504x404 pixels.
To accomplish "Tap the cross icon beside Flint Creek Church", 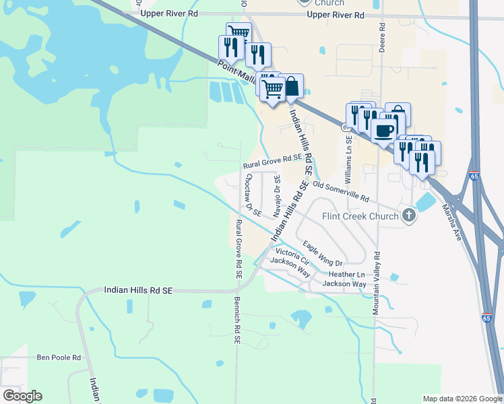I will coord(408,215).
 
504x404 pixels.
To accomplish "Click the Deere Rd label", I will coord(382,34).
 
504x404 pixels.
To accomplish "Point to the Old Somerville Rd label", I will coord(341,191).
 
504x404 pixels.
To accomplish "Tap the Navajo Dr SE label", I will coord(277,196).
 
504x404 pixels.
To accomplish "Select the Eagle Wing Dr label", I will coord(323,253).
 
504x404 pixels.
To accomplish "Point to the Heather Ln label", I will coord(346,275).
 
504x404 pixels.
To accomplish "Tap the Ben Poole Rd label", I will coord(59,357).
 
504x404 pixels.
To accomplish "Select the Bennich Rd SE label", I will coord(237,321).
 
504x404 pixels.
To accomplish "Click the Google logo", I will coord(22,396).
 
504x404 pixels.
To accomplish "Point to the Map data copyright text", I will coord(462,399).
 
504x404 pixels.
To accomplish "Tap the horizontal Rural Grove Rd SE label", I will coord(272,159).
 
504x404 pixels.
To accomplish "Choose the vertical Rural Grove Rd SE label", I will coord(238,249).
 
